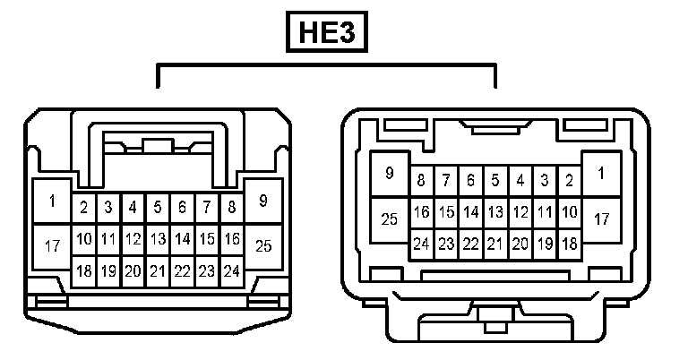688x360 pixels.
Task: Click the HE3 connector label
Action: click(x=327, y=35)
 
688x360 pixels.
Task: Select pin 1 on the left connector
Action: click(x=52, y=201)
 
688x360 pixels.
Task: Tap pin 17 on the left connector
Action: click(x=52, y=245)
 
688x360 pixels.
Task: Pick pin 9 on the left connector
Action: click(x=263, y=201)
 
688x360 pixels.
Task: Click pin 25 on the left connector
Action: click(x=263, y=244)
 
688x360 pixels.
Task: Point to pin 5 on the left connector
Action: click(x=158, y=208)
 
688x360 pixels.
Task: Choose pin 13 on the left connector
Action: click(x=158, y=239)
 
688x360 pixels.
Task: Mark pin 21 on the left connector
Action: click(x=158, y=270)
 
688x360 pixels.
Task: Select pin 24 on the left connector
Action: click(x=231, y=270)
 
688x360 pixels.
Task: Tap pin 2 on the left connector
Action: click(x=84, y=208)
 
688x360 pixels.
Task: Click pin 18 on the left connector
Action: click(x=84, y=270)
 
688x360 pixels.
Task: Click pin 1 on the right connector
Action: click(x=601, y=174)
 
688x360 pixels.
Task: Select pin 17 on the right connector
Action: click(x=601, y=219)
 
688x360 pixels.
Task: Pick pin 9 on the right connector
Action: click(x=390, y=174)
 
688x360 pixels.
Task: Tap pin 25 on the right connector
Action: click(x=390, y=219)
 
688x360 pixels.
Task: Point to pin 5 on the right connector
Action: click(x=494, y=181)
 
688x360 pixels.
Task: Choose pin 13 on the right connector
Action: click(x=494, y=213)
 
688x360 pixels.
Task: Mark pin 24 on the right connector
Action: click(x=421, y=244)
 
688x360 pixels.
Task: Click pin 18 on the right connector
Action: click(x=568, y=244)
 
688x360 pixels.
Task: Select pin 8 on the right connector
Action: click(x=421, y=181)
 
